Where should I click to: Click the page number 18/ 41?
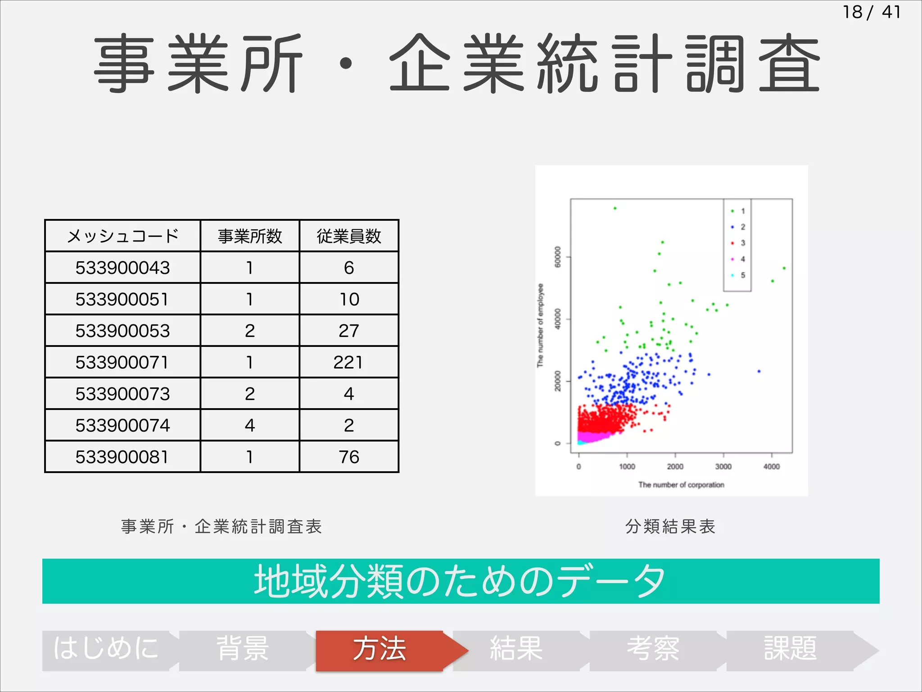click(872, 12)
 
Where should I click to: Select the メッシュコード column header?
click(122, 236)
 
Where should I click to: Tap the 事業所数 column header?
click(250, 236)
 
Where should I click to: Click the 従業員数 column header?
click(349, 236)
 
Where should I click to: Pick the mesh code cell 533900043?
click(122, 268)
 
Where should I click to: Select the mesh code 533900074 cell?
click(122, 425)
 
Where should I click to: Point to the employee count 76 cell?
click(349, 457)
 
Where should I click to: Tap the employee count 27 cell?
click(349, 331)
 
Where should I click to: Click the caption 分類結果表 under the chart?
click(670, 526)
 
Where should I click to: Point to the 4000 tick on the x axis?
click(771, 467)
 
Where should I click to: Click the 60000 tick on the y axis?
click(558, 257)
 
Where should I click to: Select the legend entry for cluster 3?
click(738, 243)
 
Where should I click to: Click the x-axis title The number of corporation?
click(681, 485)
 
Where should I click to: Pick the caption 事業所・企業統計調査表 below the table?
click(221, 526)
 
